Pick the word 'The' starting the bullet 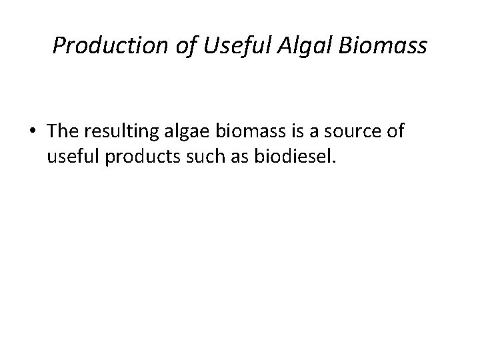62,131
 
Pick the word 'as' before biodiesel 224,157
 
